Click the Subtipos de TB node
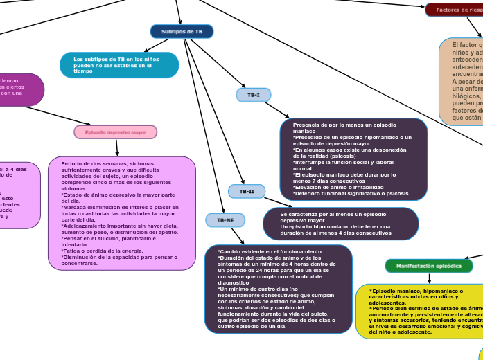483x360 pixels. (x=182, y=32)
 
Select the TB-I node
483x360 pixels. (x=254, y=95)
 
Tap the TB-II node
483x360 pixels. (x=247, y=191)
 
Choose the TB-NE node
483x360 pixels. (x=225, y=220)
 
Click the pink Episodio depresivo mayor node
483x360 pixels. (x=115, y=132)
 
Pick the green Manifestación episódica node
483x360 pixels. (x=428, y=266)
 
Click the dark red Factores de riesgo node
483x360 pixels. (x=455, y=10)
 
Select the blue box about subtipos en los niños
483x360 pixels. (x=119, y=65)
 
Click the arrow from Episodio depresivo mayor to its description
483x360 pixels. (x=117, y=147)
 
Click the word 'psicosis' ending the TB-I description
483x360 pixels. (x=396, y=194)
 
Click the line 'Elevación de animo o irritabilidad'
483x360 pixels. (x=338, y=188)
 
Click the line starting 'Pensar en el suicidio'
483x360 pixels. (x=111, y=238)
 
